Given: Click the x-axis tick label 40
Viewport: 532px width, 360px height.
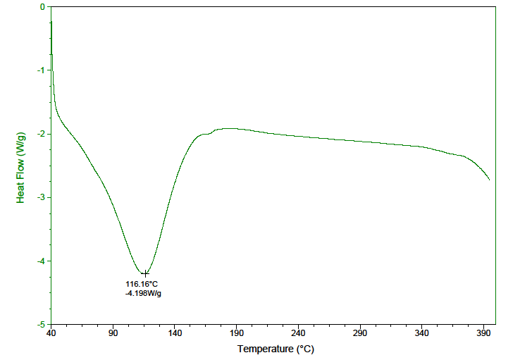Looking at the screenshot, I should tap(51, 333).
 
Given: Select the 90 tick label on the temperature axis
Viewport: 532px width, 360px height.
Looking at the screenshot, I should tap(113, 333).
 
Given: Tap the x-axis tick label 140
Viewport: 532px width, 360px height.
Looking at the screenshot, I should tap(175, 333).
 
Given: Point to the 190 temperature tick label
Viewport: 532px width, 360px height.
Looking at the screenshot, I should tap(237, 333).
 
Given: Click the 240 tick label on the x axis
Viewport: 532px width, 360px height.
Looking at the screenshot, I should tap(298, 333).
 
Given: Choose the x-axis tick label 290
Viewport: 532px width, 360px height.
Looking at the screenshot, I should tap(360, 333).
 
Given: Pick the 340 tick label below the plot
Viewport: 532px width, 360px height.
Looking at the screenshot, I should tap(422, 333).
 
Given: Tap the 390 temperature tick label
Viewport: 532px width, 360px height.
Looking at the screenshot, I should tap(483, 333).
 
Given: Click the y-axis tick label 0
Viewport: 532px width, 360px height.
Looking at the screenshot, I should tap(43, 7).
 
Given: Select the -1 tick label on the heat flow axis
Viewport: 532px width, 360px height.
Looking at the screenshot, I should tap(42, 70).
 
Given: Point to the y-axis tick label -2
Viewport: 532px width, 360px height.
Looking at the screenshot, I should tap(42, 134).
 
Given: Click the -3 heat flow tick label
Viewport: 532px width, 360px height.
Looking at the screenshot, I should tap(42, 197).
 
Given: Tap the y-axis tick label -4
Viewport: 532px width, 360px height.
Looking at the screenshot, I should tap(42, 261).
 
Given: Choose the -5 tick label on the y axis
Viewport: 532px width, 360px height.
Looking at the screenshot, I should tap(42, 324).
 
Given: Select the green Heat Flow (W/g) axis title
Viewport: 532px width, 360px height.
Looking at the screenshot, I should tap(21, 166).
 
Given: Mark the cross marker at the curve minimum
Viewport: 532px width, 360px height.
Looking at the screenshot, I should tap(145, 273).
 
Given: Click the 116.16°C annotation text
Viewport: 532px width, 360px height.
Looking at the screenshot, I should tap(142, 284).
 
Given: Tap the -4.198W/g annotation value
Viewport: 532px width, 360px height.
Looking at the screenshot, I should tap(144, 293).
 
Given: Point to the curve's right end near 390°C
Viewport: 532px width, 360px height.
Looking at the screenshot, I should tap(489, 180).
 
